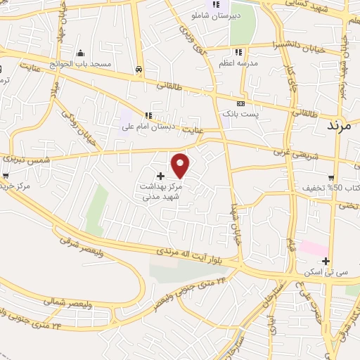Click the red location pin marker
(x=181, y=165)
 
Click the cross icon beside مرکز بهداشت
(x=160, y=175)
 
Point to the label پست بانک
(x=240, y=113)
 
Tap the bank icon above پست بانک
(x=240, y=103)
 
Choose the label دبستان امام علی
(x=148, y=127)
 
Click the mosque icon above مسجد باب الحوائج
(x=80, y=53)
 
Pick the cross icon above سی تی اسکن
(x=326, y=262)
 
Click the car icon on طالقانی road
(x=139, y=70)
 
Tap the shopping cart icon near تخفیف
(x=330, y=178)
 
